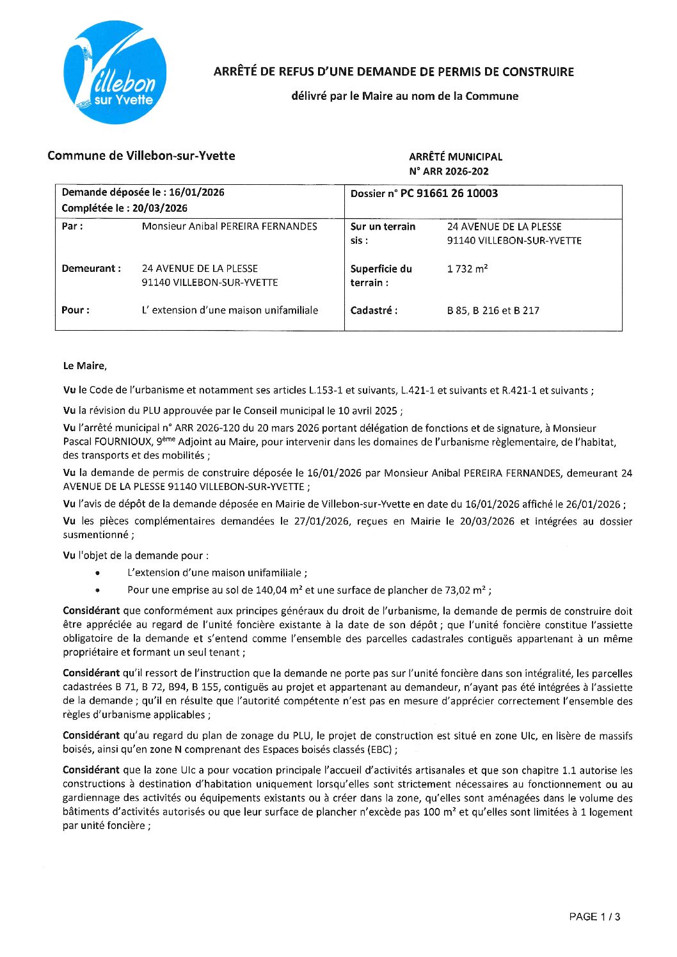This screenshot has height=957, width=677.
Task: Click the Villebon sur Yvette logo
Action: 115,72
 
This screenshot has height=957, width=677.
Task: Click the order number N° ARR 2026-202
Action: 449,171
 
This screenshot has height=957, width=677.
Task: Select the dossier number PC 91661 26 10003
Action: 449,193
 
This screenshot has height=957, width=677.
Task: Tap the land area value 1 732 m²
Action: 467,269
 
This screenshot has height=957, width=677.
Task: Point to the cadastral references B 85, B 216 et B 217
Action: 493,311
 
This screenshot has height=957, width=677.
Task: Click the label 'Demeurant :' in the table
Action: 91,269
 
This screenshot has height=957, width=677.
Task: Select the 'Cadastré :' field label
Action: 374,311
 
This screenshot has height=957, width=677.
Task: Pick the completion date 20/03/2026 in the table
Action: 160,208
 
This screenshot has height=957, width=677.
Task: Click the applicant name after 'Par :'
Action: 229,226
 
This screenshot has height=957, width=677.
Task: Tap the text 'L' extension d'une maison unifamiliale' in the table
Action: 230,310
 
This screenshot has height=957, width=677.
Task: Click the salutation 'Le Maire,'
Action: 84,366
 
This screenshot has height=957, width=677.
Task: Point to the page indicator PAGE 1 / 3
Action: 594,917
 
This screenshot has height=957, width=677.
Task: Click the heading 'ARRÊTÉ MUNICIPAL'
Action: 456,157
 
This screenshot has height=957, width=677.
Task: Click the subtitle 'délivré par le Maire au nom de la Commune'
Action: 404,96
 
